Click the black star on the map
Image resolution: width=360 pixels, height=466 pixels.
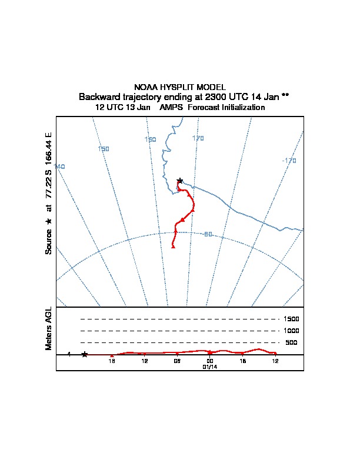tap(180, 181)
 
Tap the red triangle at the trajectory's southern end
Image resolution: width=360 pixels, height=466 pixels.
tap(173, 247)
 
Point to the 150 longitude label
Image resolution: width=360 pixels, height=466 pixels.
tap(104, 149)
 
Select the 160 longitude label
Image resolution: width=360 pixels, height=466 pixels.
tap(151, 139)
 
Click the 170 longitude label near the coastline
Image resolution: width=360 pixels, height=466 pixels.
tap(198, 138)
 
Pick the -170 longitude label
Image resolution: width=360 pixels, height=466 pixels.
tap(289, 161)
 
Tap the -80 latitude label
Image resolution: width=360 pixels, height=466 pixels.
tap(206, 234)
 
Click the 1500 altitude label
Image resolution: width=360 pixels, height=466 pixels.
tap(292, 319)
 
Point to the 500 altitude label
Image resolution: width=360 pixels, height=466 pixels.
tap(292, 342)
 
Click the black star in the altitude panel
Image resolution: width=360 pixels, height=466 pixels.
tap(85, 354)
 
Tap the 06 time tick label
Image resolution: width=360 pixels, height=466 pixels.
tap(177, 361)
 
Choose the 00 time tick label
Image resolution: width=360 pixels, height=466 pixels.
tap(210, 361)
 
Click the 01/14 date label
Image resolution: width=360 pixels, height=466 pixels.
tap(210, 367)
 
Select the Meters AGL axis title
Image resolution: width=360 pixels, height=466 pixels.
tap(49, 329)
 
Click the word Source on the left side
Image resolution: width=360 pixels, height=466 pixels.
tap(49, 241)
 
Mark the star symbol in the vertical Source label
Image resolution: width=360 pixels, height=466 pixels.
tap(49, 221)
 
